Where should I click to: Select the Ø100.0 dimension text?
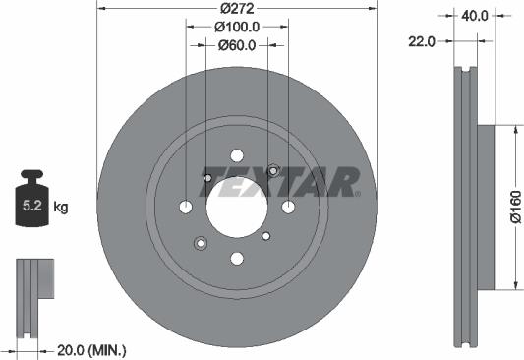click(x=236, y=27)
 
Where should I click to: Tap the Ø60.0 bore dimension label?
click(x=236, y=45)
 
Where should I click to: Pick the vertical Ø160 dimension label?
click(x=514, y=209)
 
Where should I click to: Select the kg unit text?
click(x=61, y=208)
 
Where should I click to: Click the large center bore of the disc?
click(x=236, y=207)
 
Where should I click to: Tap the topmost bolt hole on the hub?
click(x=236, y=155)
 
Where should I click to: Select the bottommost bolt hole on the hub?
click(x=236, y=258)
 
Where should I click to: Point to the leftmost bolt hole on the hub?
click(x=186, y=207)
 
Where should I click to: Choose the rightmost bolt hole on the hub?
click(x=287, y=207)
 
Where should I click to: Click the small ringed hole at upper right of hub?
click(x=273, y=170)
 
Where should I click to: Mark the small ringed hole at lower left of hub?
click(x=200, y=243)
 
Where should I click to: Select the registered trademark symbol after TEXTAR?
click(x=357, y=194)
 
